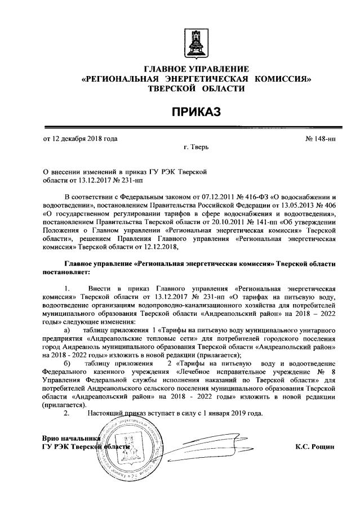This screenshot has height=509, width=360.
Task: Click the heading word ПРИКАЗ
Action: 196,112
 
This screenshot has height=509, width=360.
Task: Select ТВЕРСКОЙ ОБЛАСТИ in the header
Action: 196,88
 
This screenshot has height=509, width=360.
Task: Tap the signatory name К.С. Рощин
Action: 314,447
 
